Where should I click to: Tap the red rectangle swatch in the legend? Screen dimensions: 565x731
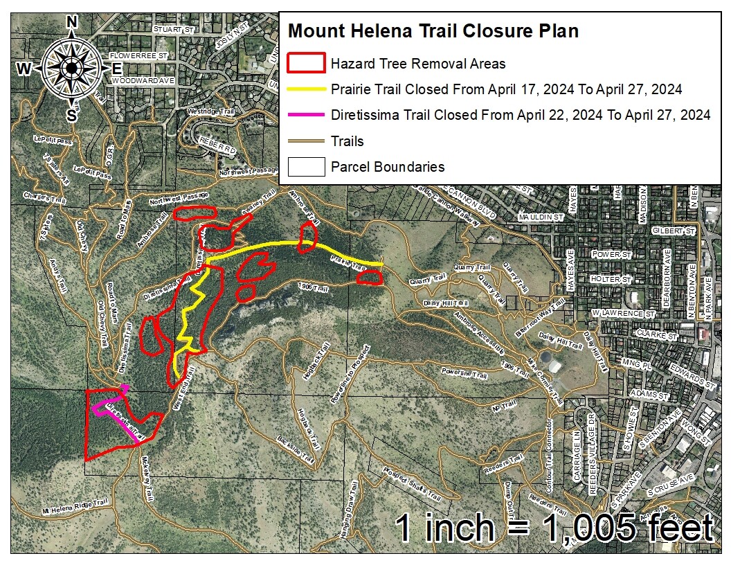305,63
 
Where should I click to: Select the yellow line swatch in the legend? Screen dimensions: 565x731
305,89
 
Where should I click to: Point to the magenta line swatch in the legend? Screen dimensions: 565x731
305,115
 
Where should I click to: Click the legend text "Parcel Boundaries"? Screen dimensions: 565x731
388,167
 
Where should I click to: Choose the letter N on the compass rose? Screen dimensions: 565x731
71,22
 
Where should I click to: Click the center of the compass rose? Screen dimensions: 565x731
71,67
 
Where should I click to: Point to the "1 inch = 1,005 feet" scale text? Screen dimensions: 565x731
554,528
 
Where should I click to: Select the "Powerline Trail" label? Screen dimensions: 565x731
464,374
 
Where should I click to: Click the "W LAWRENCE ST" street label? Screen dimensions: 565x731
624,314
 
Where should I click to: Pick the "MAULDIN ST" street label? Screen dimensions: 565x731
542,217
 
